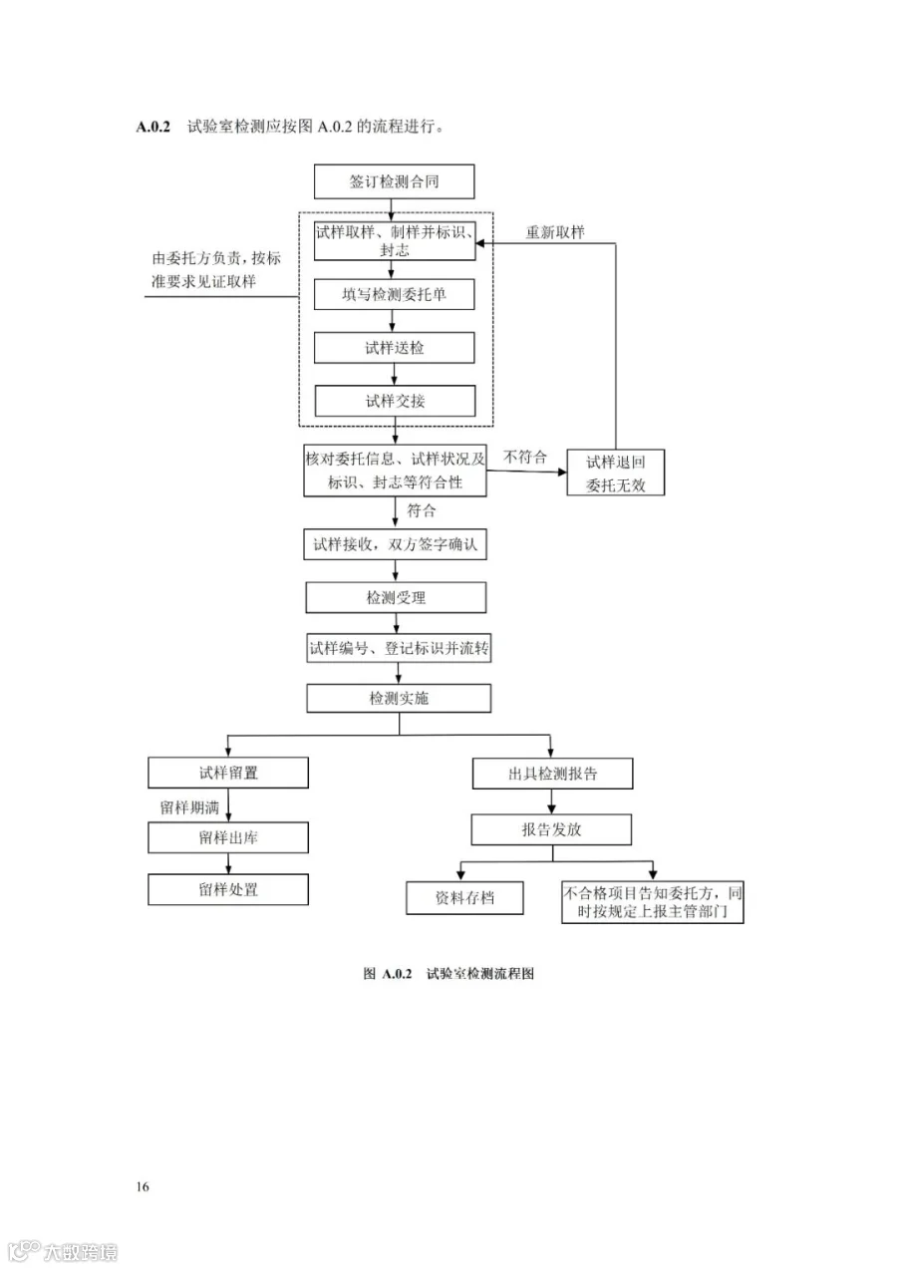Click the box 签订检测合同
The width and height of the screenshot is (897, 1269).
[x=394, y=182]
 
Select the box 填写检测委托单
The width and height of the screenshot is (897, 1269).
[x=394, y=295]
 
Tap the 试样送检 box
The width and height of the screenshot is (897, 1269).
[x=394, y=348]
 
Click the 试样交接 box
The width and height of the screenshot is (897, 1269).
[x=394, y=401]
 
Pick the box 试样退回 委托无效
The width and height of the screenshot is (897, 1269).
[x=615, y=474]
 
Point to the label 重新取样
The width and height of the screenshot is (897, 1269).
[x=555, y=232]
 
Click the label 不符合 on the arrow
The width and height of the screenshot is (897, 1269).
[x=525, y=458]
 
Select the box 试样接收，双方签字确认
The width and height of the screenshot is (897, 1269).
[x=396, y=545]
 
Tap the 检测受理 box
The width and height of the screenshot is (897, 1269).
[x=396, y=597]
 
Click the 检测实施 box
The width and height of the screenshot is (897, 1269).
[x=398, y=698]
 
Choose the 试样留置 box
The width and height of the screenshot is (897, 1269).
[x=228, y=773]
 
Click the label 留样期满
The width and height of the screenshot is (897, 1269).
[x=189, y=806]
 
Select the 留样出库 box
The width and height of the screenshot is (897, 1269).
[x=228, y=837]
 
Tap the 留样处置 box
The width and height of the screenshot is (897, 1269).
[x=228, y=889]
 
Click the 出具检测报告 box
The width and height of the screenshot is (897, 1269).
[x=551, y=774]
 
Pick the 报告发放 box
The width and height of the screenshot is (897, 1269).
[x=551, y=829]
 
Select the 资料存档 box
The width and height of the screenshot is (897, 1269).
[x=464, y=898]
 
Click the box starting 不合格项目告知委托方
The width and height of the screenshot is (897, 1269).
[x=653, y=901]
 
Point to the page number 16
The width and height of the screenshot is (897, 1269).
[x=143, y=1186]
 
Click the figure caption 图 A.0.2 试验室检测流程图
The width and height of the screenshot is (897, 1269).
[x=448, y=974]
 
